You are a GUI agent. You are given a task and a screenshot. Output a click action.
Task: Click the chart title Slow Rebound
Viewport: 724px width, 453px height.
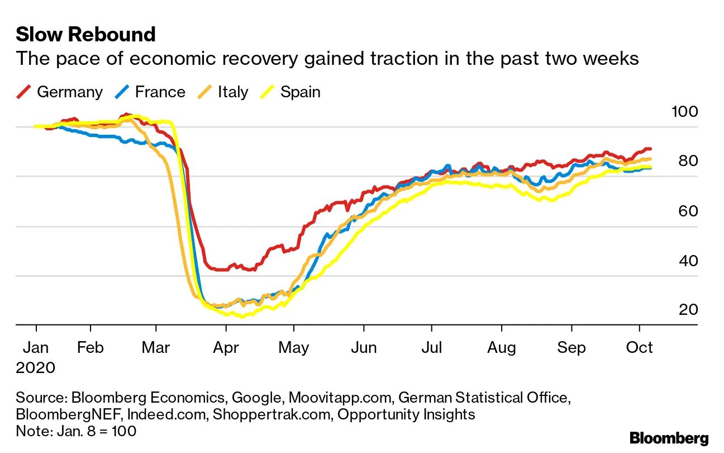coord(85,35)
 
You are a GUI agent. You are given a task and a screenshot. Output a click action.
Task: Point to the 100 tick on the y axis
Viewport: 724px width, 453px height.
coord(684,111)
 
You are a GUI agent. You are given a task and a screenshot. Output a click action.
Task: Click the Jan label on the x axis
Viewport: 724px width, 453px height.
coord(36,347)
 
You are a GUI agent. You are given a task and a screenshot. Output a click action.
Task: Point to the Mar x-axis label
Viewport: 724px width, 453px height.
coord(156,347)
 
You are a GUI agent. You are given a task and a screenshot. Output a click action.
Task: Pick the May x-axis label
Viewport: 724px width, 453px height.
coord(294,347)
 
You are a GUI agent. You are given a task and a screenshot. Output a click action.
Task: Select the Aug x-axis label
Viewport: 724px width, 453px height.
coord(501,347)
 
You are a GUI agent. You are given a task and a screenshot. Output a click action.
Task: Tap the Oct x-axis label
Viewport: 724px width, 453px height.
coord(639,347)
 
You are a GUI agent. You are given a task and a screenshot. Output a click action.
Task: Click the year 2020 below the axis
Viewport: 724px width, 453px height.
coord(36,367)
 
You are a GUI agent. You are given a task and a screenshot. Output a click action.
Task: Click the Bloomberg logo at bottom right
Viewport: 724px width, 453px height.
coord(669,438)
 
